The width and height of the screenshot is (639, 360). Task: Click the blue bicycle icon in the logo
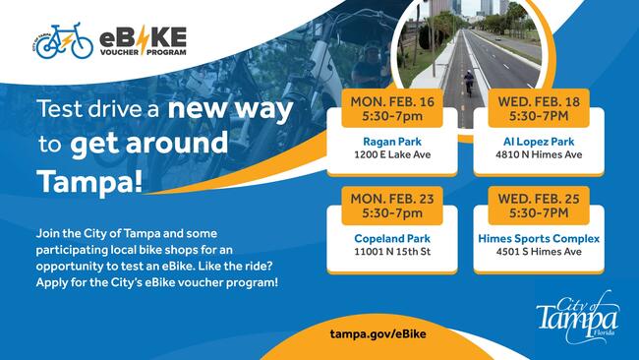coord(65,41)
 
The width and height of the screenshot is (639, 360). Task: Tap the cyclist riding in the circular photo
coord(468,83)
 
